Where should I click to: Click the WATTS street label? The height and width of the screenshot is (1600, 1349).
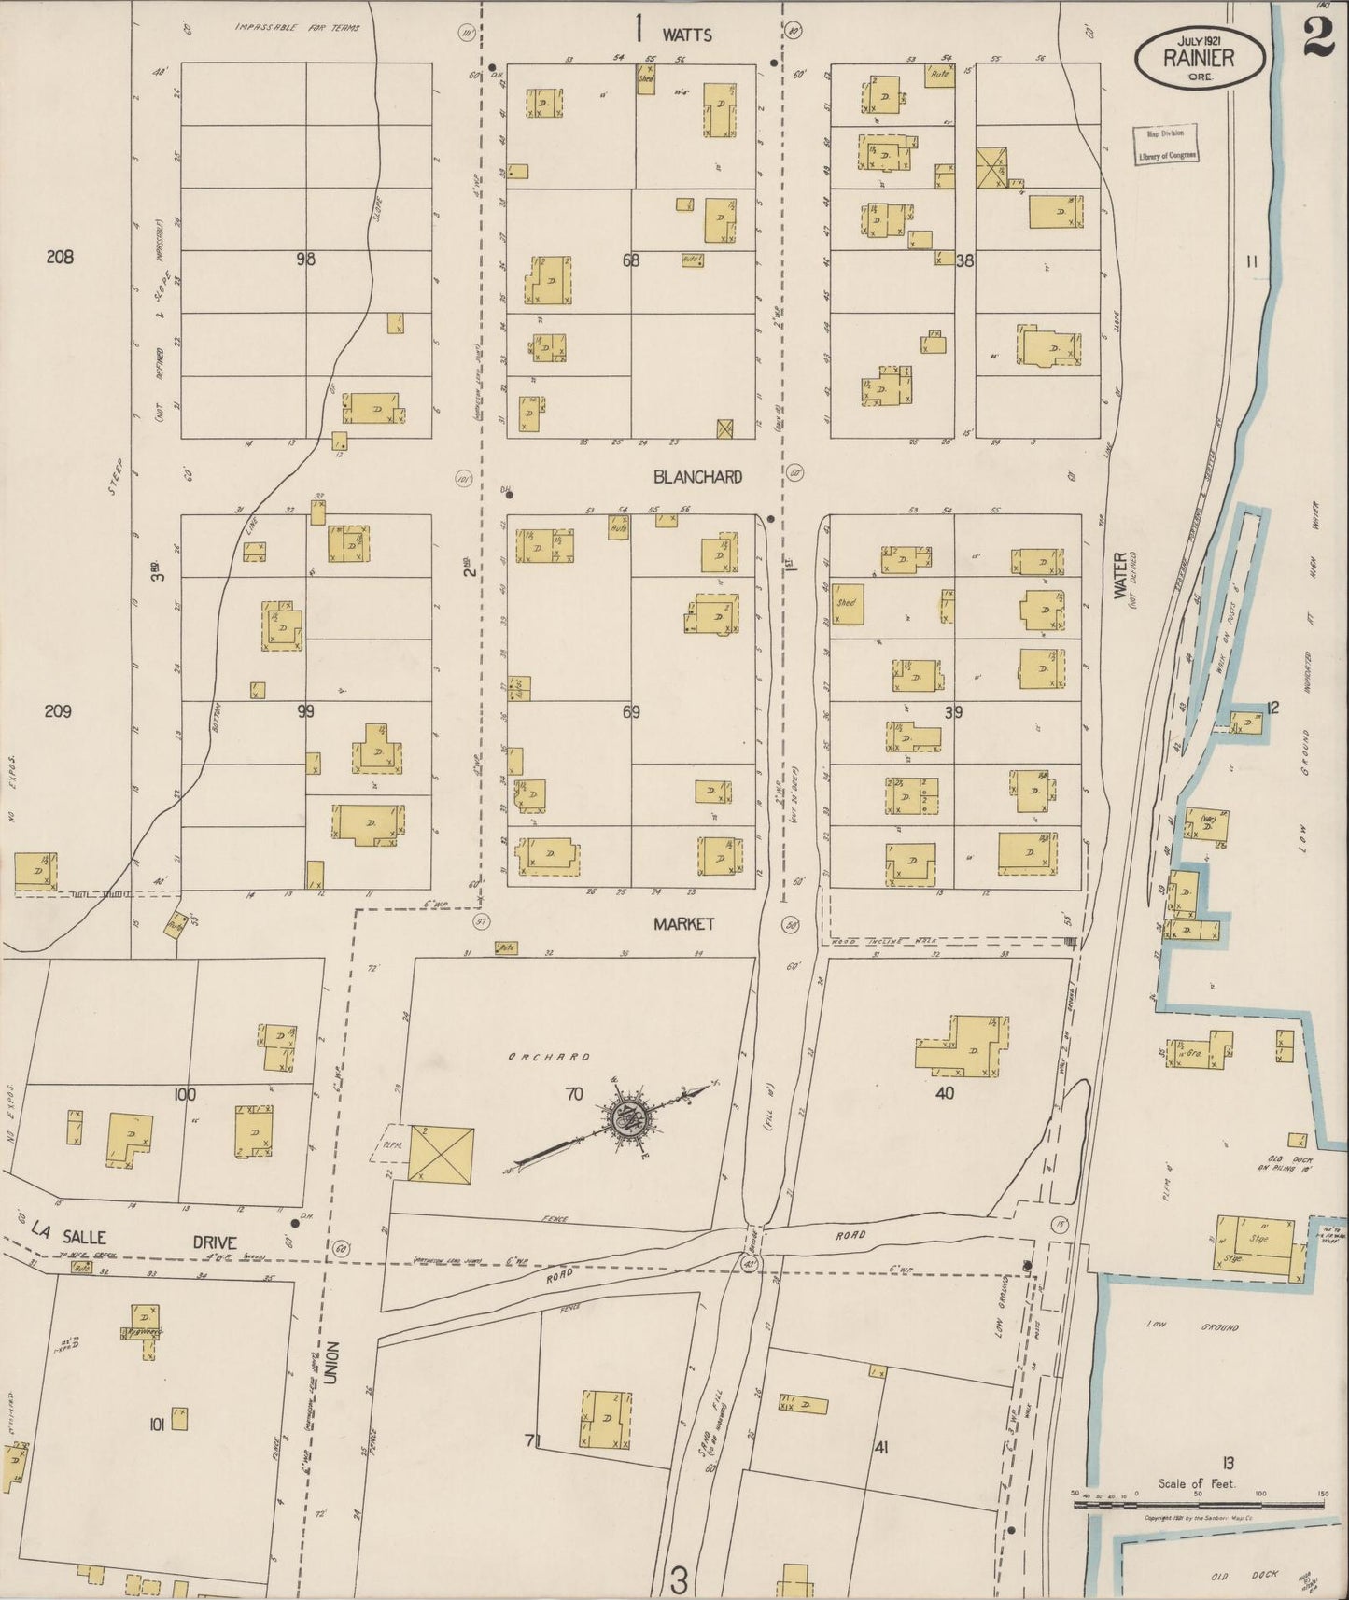pyautogui.click(x=687, y=35)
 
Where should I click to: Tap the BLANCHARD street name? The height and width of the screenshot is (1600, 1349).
pyautogui.click(x=697, y=477)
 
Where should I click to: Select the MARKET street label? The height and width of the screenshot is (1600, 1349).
pyautogui.click(x=683, y=923)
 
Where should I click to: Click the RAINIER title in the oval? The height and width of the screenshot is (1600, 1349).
pyautogui.click(x=1199, y=58)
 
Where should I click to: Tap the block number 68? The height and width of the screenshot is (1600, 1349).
pyautogui.click(x=631, y=260)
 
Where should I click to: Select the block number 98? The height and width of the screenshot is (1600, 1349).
pyautogui.click(x=305, y=260)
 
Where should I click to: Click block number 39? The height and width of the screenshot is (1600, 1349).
pyautogui.click(x=953, y=712)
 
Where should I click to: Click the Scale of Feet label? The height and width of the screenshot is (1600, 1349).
pyautogui.click(x=1196, y=1484)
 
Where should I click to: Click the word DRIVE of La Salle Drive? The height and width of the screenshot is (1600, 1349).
pyautogui.click(x=215, y=1242)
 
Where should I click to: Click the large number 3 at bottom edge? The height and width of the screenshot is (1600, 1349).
pyautogui.click(x=679, y=1579)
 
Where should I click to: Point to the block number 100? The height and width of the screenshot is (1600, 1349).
pyautogui.click(x=184, y=1093)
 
